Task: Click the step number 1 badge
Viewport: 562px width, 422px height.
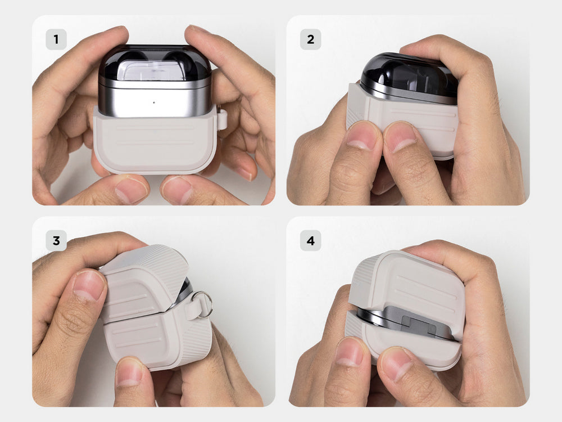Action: point(56,39)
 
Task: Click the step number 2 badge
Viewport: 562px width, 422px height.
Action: point(310,39)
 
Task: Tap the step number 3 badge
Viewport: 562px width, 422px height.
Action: point(56,240)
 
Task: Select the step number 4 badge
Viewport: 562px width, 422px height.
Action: point(310,240)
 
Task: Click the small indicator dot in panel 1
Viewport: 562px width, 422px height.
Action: point(154,102)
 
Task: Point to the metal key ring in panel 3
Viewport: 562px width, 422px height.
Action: point(202,304)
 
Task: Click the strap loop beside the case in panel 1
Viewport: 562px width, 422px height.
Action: point(222,119)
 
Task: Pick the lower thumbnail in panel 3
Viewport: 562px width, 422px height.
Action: point(130,371)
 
